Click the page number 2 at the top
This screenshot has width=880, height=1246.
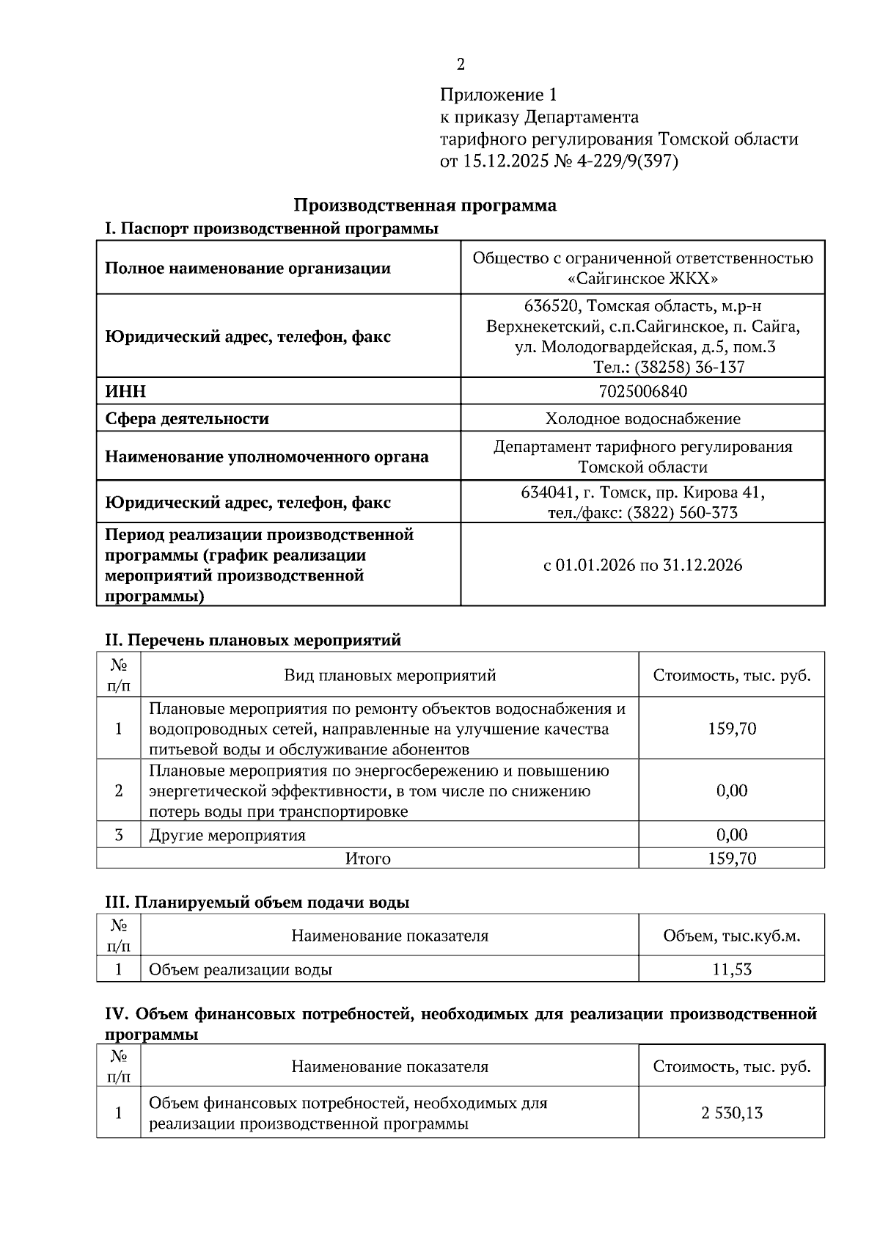461,65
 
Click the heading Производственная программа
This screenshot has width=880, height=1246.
425,205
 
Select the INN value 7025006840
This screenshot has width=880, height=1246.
642,391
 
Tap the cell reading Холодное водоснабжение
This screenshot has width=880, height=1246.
642,419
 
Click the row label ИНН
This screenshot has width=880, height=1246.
125,392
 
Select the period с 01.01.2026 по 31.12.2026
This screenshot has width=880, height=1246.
642,565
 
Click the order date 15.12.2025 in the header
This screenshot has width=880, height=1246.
505,161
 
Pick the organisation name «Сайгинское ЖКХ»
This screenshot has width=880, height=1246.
642,279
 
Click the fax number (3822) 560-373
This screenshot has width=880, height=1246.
682,513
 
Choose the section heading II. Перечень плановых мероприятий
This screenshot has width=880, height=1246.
254,640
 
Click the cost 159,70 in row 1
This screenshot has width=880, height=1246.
731,729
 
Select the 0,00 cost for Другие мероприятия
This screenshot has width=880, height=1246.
731,835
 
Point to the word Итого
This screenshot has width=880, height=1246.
368,859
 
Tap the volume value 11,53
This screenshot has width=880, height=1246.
731,969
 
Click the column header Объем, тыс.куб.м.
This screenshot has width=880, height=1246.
731,936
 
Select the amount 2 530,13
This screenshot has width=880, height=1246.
731,1113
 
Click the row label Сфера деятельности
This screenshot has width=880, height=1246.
187,419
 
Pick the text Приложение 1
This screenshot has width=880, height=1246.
499,95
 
